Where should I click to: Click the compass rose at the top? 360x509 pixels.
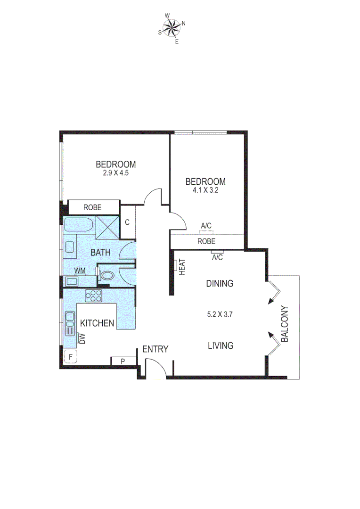172,28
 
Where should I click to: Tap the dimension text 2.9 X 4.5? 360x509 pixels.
116,173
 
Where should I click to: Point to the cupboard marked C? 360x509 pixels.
127,222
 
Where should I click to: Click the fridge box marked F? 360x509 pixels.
70,357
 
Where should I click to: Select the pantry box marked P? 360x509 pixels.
123,361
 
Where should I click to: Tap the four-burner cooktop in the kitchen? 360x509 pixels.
93,296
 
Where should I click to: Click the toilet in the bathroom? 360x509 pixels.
106,275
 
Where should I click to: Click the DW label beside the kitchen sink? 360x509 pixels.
82,338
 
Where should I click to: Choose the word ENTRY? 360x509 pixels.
155,349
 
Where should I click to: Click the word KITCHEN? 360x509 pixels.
97,323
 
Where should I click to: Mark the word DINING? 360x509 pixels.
220,284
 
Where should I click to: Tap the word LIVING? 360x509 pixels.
221,346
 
